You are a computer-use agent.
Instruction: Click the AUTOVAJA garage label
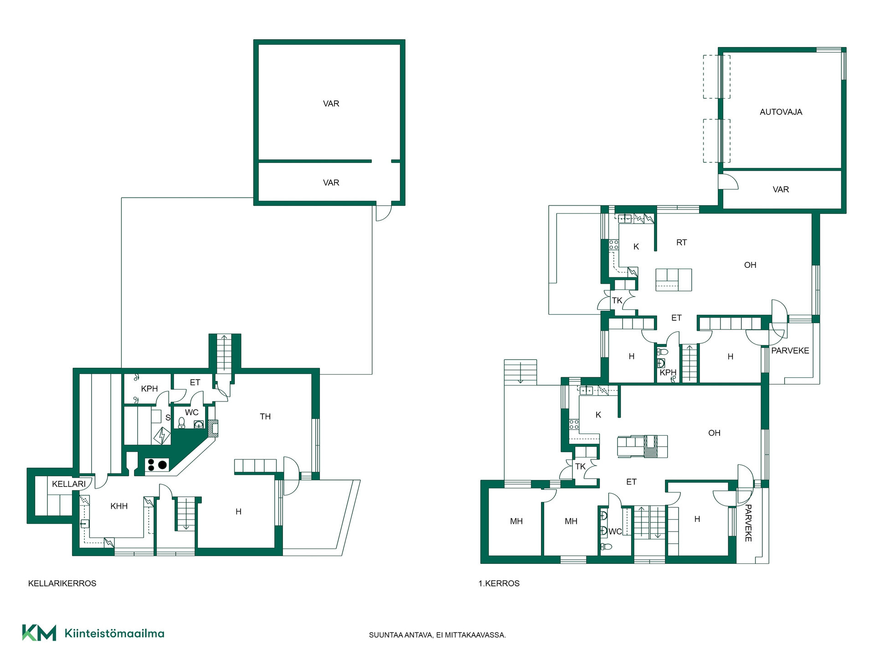(x=781, y=112)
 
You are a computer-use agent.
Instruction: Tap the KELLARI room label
(x=69, y=484)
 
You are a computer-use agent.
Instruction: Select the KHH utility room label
(x=119, y=506)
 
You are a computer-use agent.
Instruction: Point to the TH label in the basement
(x=265, y=417)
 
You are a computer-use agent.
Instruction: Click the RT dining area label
(x=681, y=243)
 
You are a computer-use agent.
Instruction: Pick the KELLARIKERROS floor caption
(x=62, y=584)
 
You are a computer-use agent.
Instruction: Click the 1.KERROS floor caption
(x=499, y=584)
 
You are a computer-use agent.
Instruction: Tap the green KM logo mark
(x=39, y=633)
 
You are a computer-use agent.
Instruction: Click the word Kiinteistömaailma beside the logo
(x=114, y=633)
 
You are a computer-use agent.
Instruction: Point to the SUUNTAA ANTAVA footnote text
(x=437, y=635)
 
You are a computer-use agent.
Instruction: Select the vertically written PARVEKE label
(x=748, y=523)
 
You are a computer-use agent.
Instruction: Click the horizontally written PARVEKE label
(x=790, y=351)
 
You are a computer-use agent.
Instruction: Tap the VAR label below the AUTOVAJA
(x=781, y=189)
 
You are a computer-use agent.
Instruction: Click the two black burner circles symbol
(x=157, y=465)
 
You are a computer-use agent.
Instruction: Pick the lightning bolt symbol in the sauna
(x=161, y=436)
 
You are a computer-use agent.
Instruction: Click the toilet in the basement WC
(x=181, y=423)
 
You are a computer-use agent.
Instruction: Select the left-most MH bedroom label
(x=516, y=521)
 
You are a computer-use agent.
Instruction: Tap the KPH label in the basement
(x=149, y=389)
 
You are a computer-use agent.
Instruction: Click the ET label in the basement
(x=195, y=382)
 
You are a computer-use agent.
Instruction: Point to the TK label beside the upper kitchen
(x=617, y=301)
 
